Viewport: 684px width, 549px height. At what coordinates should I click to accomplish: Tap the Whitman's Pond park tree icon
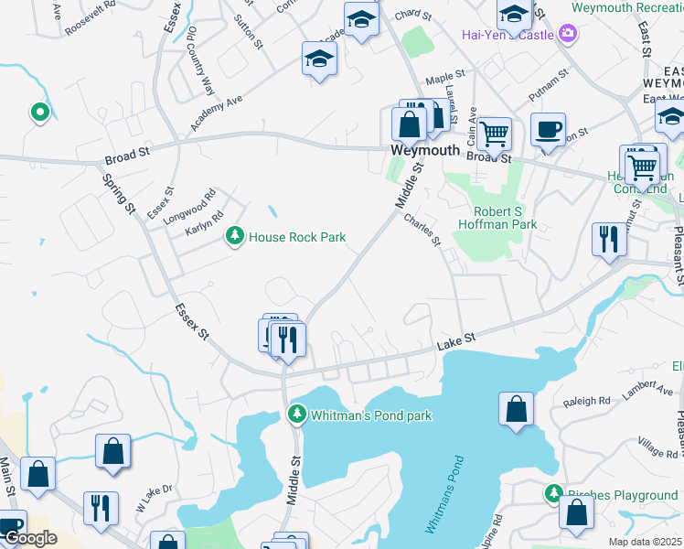(x=296, y=415)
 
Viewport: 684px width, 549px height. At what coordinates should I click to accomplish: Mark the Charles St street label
(x=422, y=230)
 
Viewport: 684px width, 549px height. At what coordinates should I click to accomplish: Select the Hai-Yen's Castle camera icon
(x=570, y=35)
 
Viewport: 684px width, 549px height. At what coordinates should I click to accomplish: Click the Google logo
(x=29, y=538)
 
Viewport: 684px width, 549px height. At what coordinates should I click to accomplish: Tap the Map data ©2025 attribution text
(x=646, y=542)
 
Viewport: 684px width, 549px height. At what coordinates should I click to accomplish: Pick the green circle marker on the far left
(x=39, y=113)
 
